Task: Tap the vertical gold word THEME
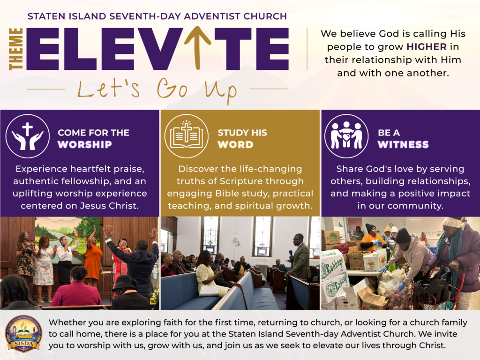click(x=16, y=49)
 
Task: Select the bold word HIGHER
click(x=427, y=46)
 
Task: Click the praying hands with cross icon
click(x=28, y=136)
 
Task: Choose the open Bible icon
click(x=187, y=136)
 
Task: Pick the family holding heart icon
click(x=346, y=136)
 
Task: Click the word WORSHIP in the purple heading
click(x=85, y=144)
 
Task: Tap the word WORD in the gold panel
click(x=235, y=144)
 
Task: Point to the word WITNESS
click(x=403, y=144)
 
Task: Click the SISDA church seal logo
click(x=23, y=334)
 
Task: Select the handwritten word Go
click(x=172, y=88)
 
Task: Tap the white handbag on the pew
click(x=209, y=290)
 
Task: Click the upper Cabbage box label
click(x=334, y=265)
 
